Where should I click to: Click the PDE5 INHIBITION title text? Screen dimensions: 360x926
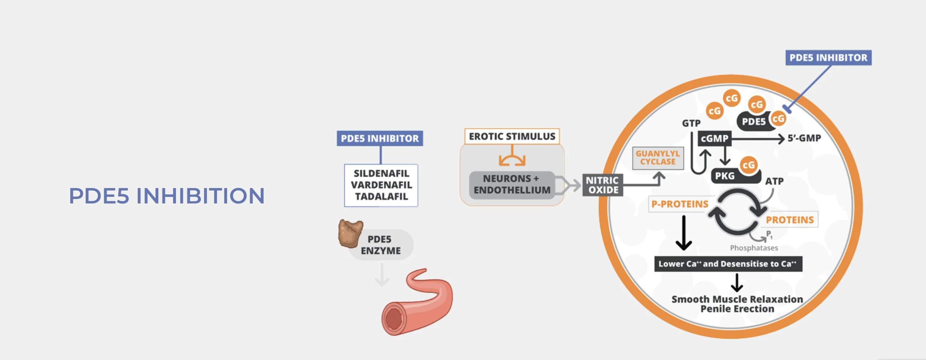click(x=166, y=195)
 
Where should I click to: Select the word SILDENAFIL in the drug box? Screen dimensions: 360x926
click(x=381, y=173)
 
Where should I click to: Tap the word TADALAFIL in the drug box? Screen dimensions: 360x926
click(x=381, y=196)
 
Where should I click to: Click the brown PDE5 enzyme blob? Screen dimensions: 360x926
click(x=350, y=234)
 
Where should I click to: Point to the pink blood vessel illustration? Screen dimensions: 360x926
click(x=418, y=304)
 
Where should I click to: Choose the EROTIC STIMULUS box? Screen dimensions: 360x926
click(x=512, y=136)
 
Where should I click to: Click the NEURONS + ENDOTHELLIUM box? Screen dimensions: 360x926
click(x=512, y=184)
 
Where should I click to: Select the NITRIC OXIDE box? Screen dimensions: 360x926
click(x=602, y=185)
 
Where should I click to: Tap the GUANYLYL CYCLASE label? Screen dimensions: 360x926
click(x=658, y=158)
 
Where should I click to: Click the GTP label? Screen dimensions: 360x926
click(x=691, y=123)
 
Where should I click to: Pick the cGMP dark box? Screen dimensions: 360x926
click(x=714, y=139)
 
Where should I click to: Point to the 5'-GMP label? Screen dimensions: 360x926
click(x=804, y=138)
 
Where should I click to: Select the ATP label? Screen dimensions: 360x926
click(x=774, y=181)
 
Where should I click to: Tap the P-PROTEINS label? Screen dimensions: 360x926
click(x=680, y=204)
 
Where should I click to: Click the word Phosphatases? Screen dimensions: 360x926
click(x=754, y=248)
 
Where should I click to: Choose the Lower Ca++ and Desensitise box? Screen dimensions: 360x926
click(x=728, y=264)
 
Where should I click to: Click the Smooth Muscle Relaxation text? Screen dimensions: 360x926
click(x=737, y=299)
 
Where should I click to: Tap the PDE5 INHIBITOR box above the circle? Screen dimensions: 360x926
click(x=828, y=58)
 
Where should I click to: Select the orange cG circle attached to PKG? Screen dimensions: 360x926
click(x=749, y=165)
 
